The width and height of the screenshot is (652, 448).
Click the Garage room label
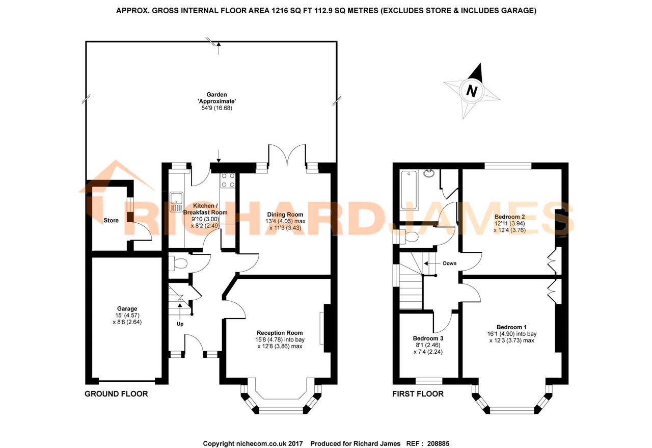[x=127, y=308]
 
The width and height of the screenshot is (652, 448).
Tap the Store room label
[x=111, y=221]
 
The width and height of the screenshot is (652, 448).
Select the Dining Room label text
[x=285, y=215]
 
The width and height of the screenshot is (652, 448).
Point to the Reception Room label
[x=280, y=333]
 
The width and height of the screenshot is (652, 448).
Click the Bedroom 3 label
[x=428, y=338]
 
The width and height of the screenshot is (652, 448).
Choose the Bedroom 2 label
[x=510, y=217]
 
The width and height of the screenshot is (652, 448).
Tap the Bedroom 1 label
[x=512, y=327]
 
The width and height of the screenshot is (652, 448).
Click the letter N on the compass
[x=471, y=91]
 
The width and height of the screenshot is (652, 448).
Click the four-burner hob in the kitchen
[x=228, y=180]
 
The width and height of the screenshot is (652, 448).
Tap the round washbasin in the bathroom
[x=428, y=174]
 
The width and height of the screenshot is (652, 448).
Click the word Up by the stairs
[x=180, y=324]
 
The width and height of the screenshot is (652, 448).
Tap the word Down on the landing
[x=449, y=263]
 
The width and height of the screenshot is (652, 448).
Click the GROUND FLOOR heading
[x=116, y=394]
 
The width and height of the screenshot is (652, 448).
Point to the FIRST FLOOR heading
[x=418, y=394]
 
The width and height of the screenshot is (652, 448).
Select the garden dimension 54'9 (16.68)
[x=215, y=108]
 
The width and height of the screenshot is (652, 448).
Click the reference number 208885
[x=438, y=443]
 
